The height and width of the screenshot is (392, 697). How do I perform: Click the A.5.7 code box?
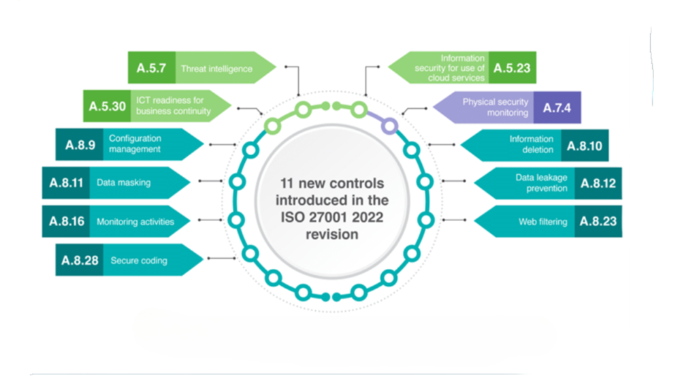tap(151, 68)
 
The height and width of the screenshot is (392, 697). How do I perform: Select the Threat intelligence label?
tap(216, 68)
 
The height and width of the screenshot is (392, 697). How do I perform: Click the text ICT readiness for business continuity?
tap(173, 106)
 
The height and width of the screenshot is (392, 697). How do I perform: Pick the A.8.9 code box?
tap(79, 144)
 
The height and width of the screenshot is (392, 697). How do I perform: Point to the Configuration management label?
tap(135, 144)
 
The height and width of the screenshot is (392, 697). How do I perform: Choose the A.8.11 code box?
tap(65, 182)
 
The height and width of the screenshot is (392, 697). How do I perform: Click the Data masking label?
tap(123, 182)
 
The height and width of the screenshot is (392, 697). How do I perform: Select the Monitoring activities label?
tap(135, 221)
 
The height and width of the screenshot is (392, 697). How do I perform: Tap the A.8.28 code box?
tap(79, 260)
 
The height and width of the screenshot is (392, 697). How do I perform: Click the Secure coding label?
tap(139, 260)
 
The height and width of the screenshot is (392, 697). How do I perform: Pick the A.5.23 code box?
tap(512, 68)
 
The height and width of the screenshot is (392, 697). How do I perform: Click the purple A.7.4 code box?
tap(557, 107)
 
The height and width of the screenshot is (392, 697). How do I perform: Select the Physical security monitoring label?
tap(495, 107)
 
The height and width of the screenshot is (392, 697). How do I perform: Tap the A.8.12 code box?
tap(598, 183)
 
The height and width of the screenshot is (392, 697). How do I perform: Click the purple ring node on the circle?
tap(389, 125)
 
